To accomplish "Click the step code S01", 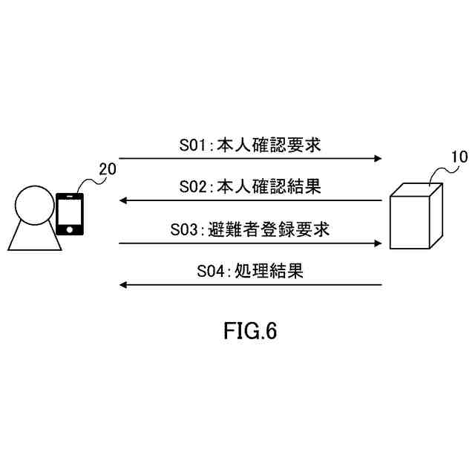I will [195, 145].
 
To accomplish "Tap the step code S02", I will [195, 187].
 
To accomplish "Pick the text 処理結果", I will [269, 272].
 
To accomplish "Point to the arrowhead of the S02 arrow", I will [124, 200].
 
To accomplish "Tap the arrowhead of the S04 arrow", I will [124, 285].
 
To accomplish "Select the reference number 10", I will [459, 157].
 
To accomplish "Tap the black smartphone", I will [69, 214].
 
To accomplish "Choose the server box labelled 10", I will [415, 218].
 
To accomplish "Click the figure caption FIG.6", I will [250, 331].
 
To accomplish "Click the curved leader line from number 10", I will [437, 172].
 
